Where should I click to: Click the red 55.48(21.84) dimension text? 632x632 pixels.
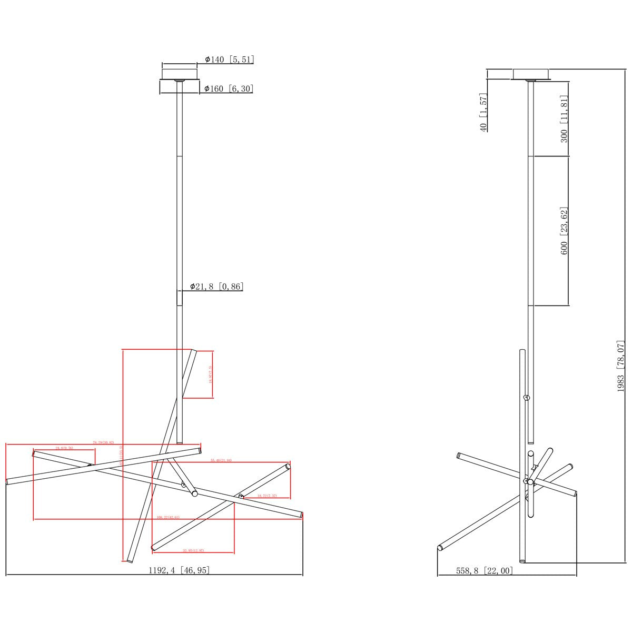coord(221,460)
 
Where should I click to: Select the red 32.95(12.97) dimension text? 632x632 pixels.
coord(193,550)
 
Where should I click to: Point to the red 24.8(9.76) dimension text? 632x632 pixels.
coord(64,448)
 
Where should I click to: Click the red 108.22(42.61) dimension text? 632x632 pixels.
coord(168,517)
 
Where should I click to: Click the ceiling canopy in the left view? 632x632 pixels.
coord(180,80)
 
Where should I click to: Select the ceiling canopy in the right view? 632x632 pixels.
coord(530,74)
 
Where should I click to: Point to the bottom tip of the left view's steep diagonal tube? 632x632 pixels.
coord(128,560)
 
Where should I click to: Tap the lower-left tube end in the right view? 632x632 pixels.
coord(440,548)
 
